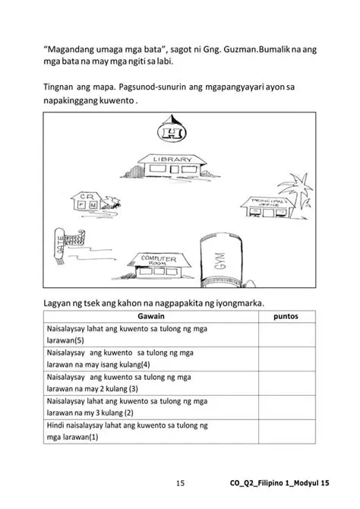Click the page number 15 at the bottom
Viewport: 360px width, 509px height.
click(x=180, y=482)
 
